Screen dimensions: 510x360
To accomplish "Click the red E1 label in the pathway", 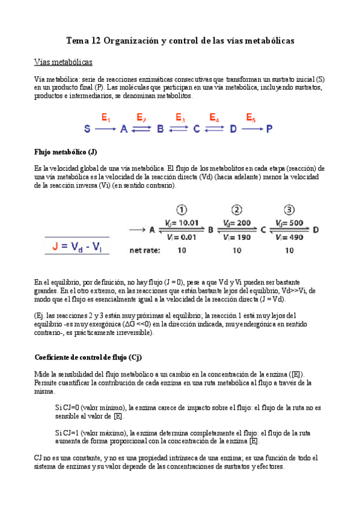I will click(106, 118).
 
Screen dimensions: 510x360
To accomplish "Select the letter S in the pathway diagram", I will click(87, 129).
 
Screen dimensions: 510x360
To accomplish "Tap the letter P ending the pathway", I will click(269, 129).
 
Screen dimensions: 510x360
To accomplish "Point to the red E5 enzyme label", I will click(251, 118).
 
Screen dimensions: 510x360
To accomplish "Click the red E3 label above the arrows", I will click(180, 118).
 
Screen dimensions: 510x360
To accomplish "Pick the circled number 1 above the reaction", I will click(180, 210).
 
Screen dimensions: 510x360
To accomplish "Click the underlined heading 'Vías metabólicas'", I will click(64, 62).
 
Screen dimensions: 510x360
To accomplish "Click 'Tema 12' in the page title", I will click(83, 41).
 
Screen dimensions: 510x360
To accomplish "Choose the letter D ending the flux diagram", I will click(316, 230).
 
